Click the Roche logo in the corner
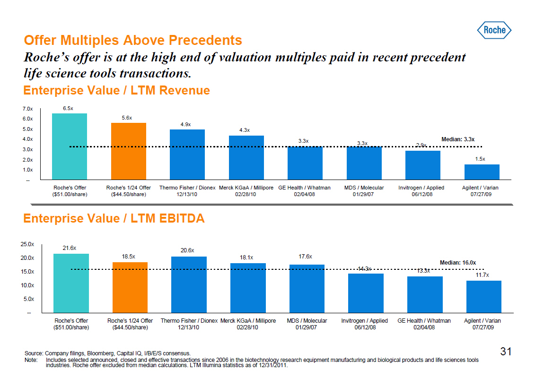[x=494, y=30]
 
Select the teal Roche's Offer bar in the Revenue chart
[x=69, y=146]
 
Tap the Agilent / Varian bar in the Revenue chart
[x=482, y=172]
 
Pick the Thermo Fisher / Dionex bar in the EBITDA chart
[x=189, y=284]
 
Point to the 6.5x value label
[x=68, y=108]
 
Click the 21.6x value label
[x=70, y=248]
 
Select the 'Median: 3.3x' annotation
[x=457, y=139]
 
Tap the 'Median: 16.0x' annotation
[x=457, y=262]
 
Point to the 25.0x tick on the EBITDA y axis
[x=27, y=244]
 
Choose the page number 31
[x=506, y=352]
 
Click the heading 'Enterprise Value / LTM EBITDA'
[x=114, y=219]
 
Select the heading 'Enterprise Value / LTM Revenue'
[x=117, y=90]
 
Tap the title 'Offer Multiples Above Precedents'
[x=133, y=40]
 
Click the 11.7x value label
[x=483, y=275]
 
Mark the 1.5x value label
[x=480, y=159]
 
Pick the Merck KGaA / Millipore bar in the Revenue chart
[x=246, y=157]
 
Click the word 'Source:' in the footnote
[x=34, y=353]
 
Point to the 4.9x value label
[x=185, y=124]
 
